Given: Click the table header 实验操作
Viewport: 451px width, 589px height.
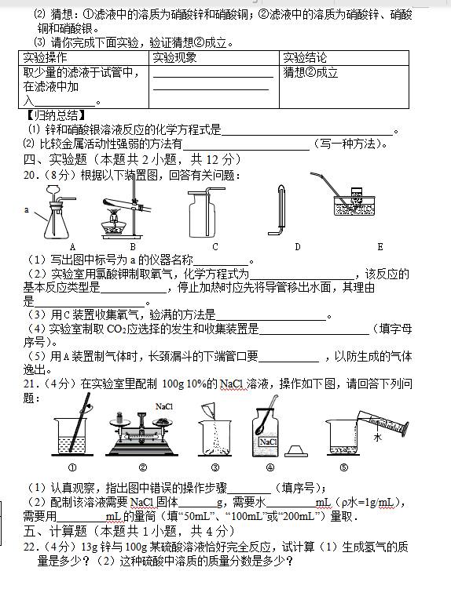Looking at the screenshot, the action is click(x=45, y=58).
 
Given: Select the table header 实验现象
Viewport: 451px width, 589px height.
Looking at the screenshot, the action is click(x=174, y=58).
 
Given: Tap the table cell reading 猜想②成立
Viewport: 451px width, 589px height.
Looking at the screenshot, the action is click(x=310, y=72).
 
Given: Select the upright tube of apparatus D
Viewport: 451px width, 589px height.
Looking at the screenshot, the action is click(x=281, y=206).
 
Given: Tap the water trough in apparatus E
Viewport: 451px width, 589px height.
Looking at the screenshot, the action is click(x=354, y=205).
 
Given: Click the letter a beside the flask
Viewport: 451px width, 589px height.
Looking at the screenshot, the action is click(x=27, y=209).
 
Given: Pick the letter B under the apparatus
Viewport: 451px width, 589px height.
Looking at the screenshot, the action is click(x=133, y=247).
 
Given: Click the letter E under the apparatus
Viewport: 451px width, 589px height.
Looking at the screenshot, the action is click(x=380, y=247).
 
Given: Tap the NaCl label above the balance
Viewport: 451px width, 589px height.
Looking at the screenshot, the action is click(x=164, y=406).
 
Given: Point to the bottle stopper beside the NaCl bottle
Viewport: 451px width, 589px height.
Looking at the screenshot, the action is click(x=296, y=451).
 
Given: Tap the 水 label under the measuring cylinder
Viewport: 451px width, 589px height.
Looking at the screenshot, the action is click(x=378, y=437).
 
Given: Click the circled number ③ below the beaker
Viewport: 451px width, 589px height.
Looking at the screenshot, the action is click(x=215, y=467).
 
